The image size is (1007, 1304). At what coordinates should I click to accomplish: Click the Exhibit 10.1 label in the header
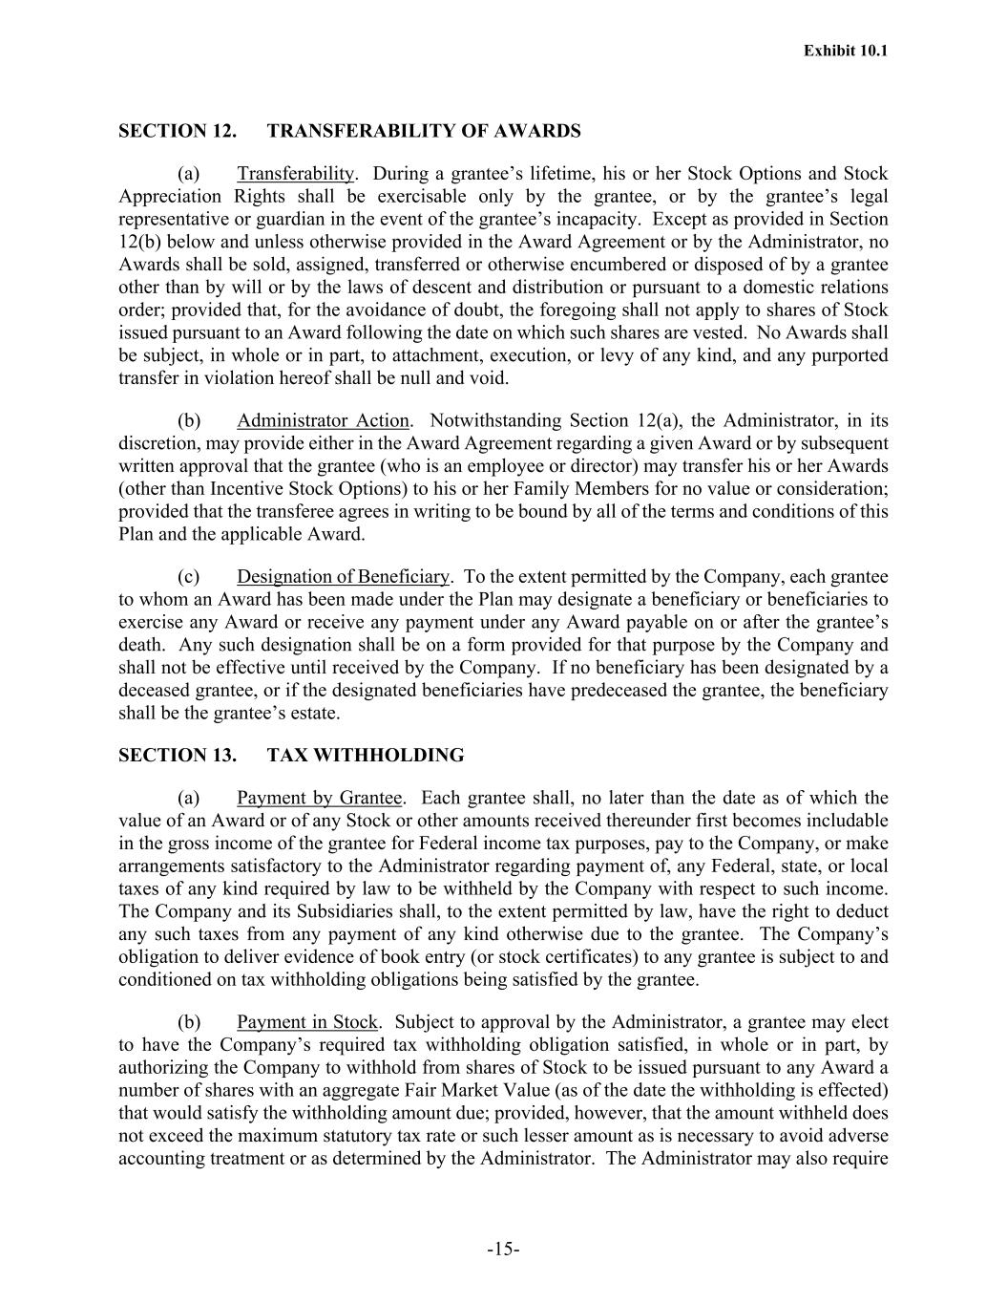coord(846,51)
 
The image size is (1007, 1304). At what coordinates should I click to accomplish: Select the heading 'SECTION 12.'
coord(178,131)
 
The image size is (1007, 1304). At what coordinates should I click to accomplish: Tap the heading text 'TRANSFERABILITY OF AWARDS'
coord(424,131)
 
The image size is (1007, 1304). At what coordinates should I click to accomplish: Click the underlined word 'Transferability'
coord(296,174)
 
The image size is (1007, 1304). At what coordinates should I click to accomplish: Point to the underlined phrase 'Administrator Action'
coord(324,421)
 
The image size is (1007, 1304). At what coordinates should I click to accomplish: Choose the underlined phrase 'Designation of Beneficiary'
coord(343,577)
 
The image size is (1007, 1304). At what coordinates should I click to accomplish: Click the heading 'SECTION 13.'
coord(178,756)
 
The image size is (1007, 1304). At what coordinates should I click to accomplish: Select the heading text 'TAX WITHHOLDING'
coord(366,756)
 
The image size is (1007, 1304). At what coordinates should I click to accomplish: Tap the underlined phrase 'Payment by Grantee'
coord(319,798)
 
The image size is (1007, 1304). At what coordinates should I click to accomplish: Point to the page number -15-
coord(503,1250)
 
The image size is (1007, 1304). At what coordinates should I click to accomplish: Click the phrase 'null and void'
coord(458,378)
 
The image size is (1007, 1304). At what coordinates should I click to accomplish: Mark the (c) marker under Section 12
coord(189,577)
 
